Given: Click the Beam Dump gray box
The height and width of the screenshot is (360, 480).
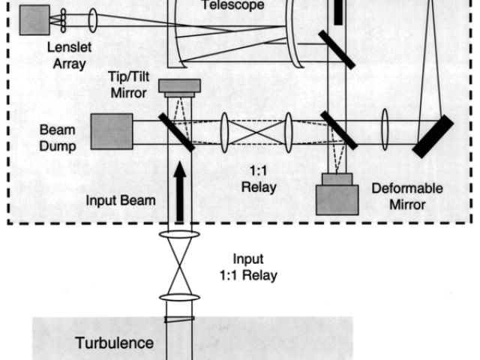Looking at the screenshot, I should click(x=112, y=131).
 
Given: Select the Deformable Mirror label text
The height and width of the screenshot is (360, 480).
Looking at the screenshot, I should click(x=407, y=196).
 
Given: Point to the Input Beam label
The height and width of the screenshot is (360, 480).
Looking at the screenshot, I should click(x=121, y=201).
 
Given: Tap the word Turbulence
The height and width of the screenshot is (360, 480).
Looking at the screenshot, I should click(x=115, y=343).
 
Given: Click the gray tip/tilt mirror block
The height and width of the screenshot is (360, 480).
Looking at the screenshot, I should click(x=178, y=87).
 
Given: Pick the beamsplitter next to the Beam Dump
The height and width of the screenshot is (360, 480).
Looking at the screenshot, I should click(x=177, y=133).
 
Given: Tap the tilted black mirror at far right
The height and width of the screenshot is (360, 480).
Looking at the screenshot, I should click(x=433, y=136).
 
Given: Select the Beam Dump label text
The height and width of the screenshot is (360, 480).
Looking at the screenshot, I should click(x=58, y=138).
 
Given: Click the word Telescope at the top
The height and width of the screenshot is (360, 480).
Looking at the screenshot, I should click(x=223, y=4).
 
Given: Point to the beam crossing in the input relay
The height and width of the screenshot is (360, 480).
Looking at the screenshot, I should click(x=179, y=266).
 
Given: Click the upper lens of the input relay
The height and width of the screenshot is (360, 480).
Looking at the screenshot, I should click(x=179, y=235).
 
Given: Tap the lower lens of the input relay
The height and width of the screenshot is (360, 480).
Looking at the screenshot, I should click(x=179, y=298).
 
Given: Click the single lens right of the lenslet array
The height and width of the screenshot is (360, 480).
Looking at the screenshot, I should click(x=93, y=20).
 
